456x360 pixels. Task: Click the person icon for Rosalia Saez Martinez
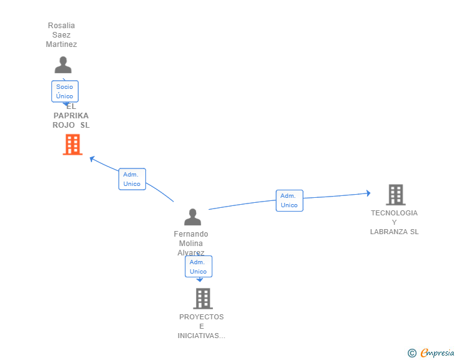(x=63, y=65)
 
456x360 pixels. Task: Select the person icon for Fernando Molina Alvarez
(x=192, y=217)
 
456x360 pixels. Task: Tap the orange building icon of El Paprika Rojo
(x=73, y=145)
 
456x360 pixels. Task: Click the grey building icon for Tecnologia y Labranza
(x=395, y=195)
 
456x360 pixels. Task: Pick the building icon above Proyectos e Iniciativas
(x=202, y=299)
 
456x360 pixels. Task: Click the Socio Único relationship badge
(x=65, y=91)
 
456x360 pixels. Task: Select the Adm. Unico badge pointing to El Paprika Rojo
(x=132, y=179)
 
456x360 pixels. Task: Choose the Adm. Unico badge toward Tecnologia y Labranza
(x=289, y=200)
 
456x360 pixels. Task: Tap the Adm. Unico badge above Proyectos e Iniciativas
(x=198, y=267)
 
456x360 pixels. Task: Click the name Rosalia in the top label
(x=61, y=26)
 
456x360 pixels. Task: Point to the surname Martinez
(x=61, y=44)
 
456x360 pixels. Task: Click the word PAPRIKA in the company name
(x=71, y=116)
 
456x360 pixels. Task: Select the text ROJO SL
(x=71, y=125)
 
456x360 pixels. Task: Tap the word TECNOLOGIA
(x=394, y=213)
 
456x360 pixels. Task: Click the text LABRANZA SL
(x=394, y=232)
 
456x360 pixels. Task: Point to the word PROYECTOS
(x=201, y=317)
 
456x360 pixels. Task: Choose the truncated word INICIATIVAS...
(x=201, y=336)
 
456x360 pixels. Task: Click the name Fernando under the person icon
(x=191, y=234)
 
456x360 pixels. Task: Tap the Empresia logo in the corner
(x=432, y=352)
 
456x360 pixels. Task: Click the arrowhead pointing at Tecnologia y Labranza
(x=368, y=193)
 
